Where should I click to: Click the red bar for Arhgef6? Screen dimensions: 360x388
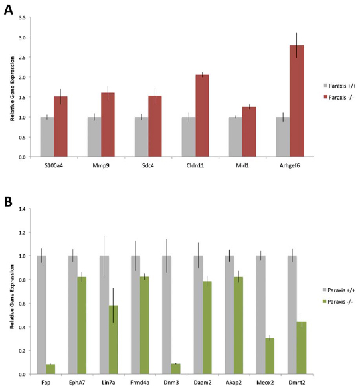click(x=297, y=101)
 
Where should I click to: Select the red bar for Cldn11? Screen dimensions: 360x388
click(x=202, y=116)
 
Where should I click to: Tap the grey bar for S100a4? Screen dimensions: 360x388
click(x=47, y=137)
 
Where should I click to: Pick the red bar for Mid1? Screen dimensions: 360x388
click(x=249, y=132)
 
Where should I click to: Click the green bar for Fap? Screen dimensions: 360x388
click(x=50, y=369)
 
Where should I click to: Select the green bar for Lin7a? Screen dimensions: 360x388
click(x=113, y=339)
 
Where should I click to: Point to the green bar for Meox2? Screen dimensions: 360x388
click(x=270, y=356)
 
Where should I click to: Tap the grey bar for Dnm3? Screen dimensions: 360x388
click(x=167, y=315)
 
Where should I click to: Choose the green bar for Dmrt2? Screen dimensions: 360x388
click(x=302, y=347)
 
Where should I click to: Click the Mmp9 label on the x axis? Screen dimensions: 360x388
click(x=101, y=165)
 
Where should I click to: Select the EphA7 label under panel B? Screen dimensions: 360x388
click(x=76, y=383)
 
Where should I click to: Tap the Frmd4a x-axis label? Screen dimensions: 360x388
click(x=139, y=383)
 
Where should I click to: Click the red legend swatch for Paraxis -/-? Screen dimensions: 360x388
click(x=325, y=97)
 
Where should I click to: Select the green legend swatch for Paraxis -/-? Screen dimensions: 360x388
click(x=325, y=302)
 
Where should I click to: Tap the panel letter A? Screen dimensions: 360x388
click(x=9, y=10)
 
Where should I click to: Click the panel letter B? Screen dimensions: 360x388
click(x=8, y=202)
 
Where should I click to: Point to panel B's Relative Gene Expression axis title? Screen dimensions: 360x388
click(x=12, y=297)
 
